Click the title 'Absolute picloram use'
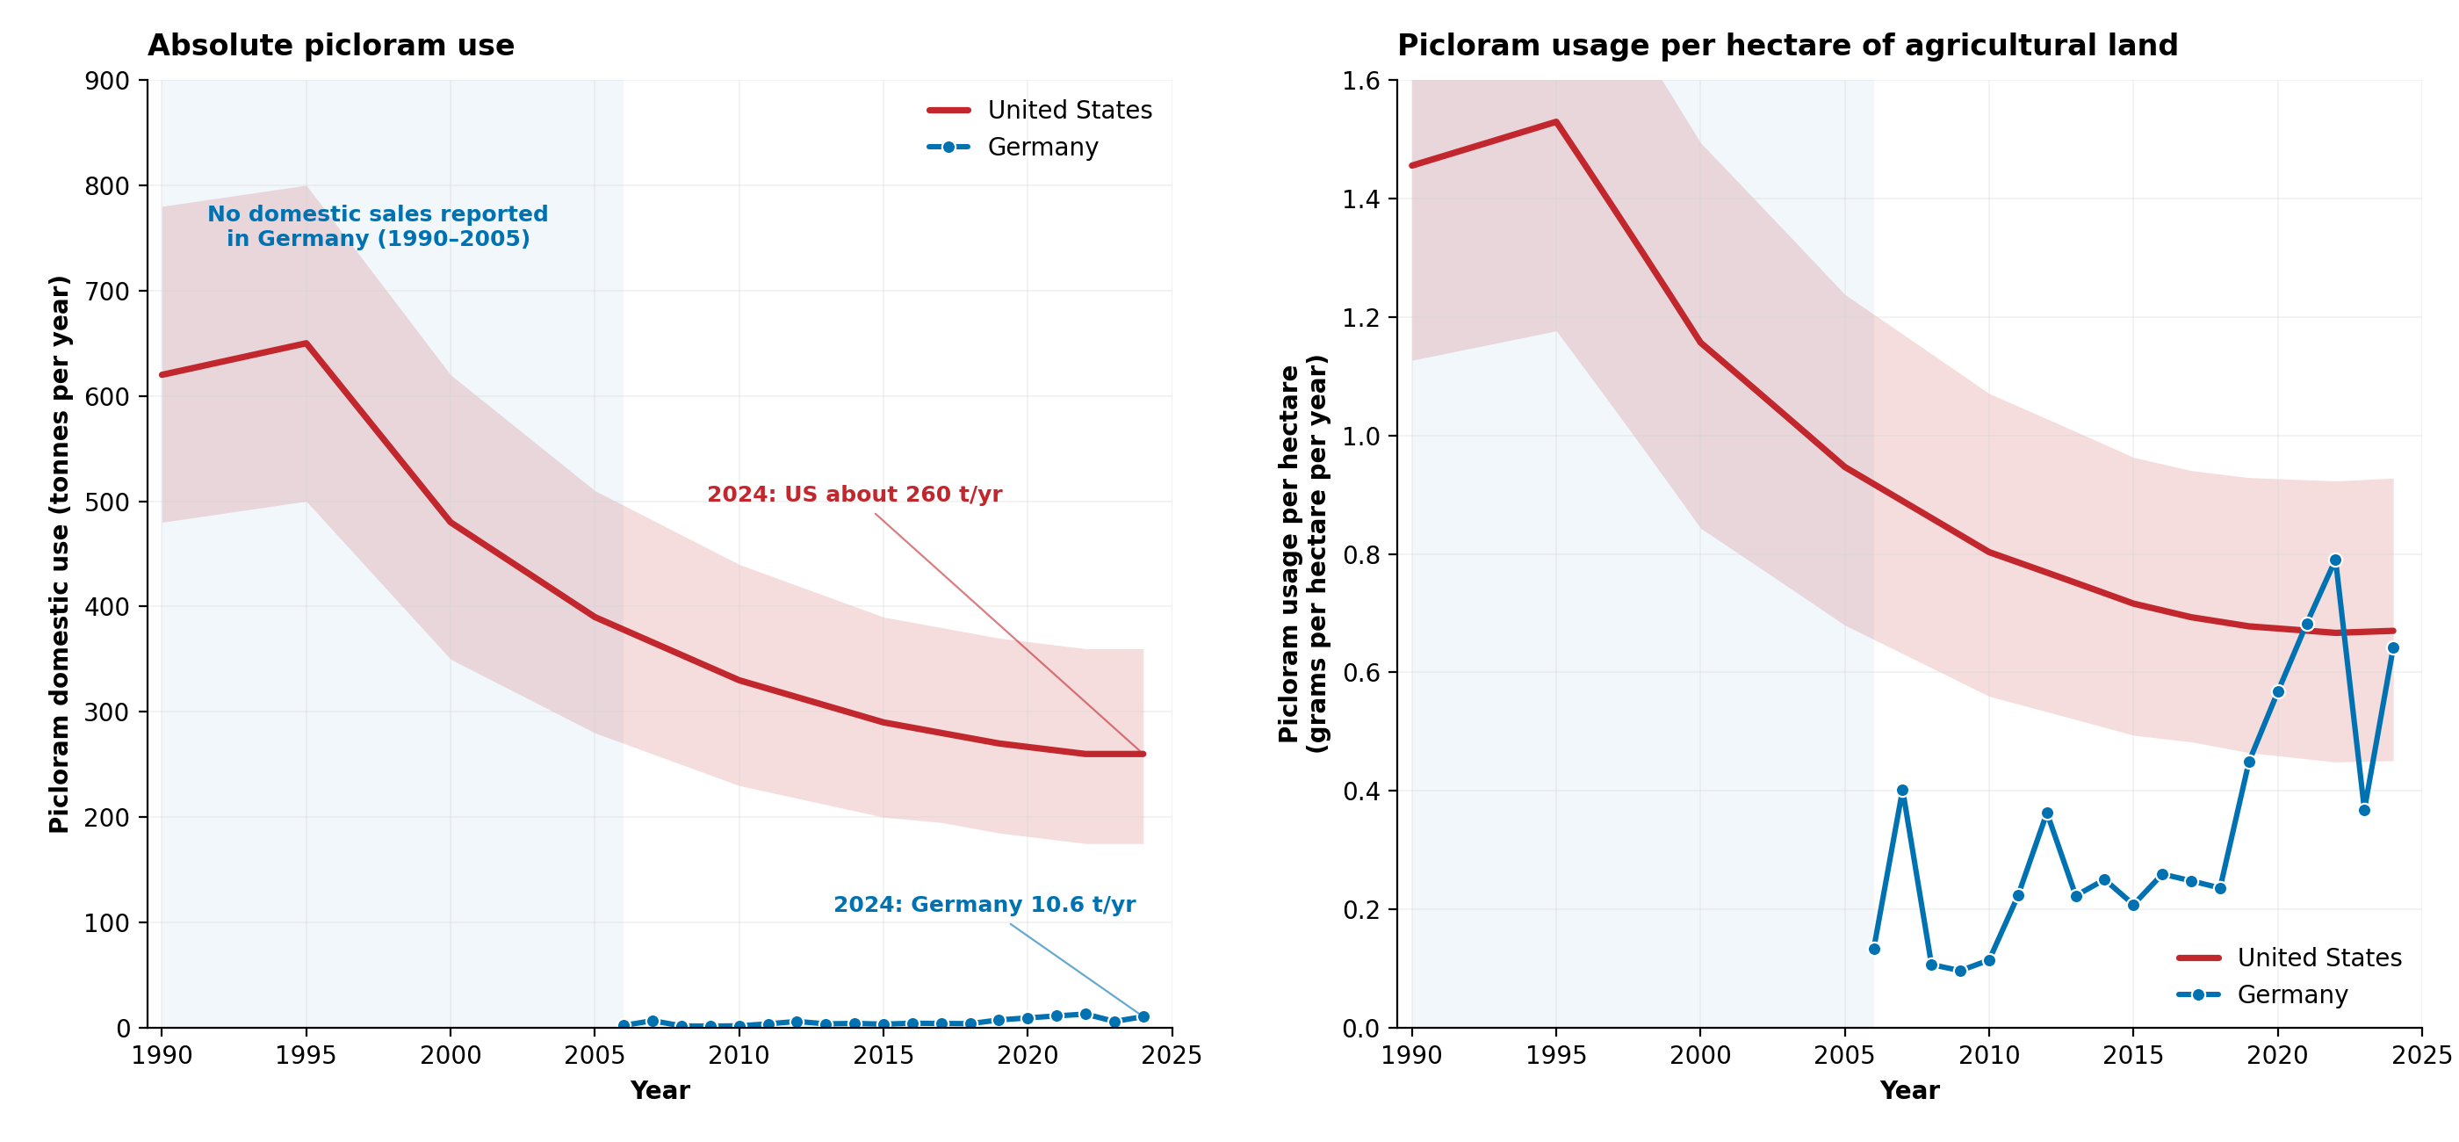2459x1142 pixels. coord(330,46)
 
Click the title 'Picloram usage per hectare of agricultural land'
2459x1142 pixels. coord(1787,46)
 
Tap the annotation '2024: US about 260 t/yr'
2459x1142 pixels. coord(855,495)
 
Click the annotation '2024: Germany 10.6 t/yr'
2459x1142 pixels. coord(984,904)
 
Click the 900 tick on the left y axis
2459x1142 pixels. coord(107,81)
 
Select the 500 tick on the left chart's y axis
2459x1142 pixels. coord(107,502)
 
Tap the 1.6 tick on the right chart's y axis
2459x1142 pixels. coord(1360,81)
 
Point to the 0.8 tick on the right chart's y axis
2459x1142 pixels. coord(1360,555)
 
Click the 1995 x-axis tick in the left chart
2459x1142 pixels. coord(306,1055)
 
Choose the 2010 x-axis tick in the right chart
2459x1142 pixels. coord(1988,1055)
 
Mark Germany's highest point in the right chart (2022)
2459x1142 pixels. coord(2335,560)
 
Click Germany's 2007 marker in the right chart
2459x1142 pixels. coord(1902,791)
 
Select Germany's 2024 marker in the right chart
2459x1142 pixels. coord(2393,648)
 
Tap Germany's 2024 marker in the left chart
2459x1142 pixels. coord(1143,1017)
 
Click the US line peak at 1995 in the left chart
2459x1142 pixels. coord(306,343)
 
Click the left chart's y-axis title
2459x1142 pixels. coord(59,553)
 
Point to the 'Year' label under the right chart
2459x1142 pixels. coord(1909,1090)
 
